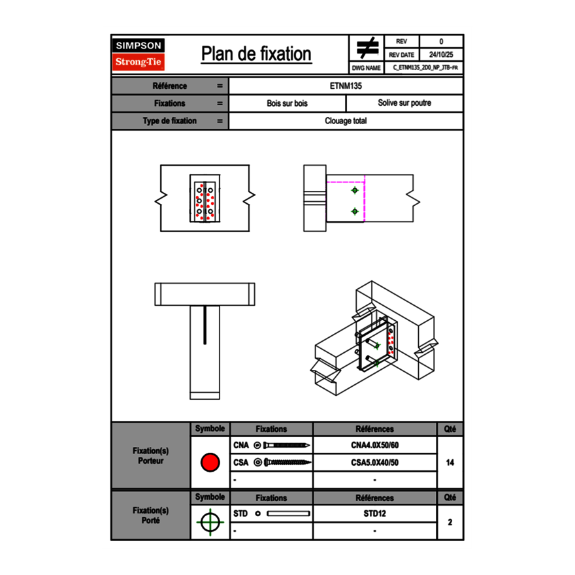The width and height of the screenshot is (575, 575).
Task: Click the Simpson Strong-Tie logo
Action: (139, 54)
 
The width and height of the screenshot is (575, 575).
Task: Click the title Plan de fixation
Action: (256, 54)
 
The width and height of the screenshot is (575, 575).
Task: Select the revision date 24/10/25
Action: (441, 55)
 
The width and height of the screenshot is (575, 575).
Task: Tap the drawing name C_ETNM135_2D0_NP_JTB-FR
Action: (425, 67)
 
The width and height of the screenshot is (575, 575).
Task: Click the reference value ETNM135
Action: (346, 86)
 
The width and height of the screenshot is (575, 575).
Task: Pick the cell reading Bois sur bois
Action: (287, 103)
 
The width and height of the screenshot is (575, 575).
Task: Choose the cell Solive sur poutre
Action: (404, 103)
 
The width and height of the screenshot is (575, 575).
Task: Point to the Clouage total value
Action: (346, 121)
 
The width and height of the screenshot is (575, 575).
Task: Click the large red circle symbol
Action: (210, 463)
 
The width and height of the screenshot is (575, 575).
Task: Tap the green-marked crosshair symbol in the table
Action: (210, 522)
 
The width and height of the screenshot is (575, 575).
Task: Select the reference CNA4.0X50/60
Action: (374, 446)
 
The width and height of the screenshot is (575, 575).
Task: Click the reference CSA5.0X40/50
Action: (374, 463)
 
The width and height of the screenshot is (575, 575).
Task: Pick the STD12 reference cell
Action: (374, 514)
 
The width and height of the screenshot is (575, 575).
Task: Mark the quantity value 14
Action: (450, 463)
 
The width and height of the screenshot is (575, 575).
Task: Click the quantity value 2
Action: (450, 522)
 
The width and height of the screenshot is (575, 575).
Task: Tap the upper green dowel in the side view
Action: (355, 190)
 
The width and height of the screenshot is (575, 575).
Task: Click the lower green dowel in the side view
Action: (355, 211)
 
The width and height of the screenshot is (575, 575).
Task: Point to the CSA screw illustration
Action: (286, 463)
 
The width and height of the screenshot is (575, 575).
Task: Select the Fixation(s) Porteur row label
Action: (150, 455)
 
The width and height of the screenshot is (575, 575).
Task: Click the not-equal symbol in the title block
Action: (367, 48)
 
